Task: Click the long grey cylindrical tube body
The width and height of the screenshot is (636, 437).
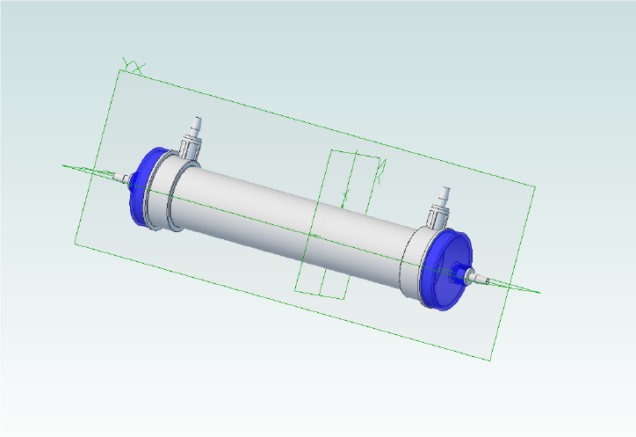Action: point(290,215)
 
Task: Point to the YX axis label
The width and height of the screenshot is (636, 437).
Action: point(133,65)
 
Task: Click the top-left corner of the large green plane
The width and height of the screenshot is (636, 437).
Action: point(119,70)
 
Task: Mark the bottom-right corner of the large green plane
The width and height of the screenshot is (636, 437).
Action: point(488,360)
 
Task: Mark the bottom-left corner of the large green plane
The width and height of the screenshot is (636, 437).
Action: point(75,243)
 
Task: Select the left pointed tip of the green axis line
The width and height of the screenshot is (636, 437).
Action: point(62,164)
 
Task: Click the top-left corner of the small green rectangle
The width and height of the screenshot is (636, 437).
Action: point(329,150)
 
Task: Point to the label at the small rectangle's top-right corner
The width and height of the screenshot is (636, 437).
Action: point(382,167)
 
